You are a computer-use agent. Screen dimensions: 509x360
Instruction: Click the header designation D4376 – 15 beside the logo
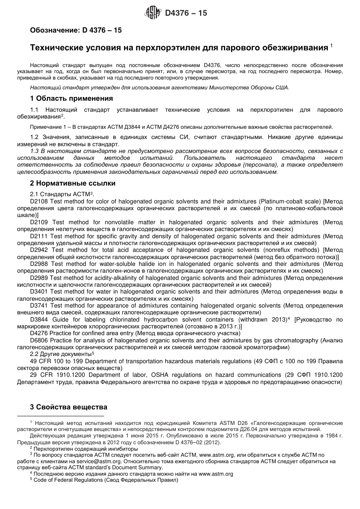click(186, 13)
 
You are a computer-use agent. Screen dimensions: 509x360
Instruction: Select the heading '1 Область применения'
click(71, 98)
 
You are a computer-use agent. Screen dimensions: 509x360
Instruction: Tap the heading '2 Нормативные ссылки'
click(72, 183)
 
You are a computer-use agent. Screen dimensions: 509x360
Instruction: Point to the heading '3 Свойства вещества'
click(68, 407)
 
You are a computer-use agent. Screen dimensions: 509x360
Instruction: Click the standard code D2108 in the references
click(39, 201)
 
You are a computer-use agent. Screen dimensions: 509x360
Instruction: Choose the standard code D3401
click(39, 292)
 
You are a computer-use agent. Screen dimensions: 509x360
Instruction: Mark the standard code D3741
click(39, 306)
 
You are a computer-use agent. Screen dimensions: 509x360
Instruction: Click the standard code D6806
click(39, 340)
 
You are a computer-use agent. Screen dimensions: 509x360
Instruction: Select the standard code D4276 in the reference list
click(39, 333)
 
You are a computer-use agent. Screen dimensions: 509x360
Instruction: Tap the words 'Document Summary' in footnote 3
click(162, 467)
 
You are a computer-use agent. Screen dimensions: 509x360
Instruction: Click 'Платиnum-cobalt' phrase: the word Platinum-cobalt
click(283, 201)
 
